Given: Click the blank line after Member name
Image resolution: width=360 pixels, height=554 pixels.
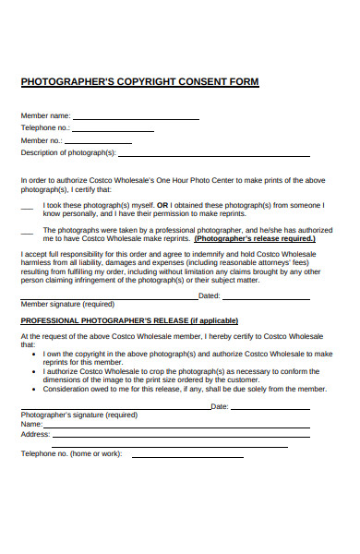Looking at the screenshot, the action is coord(136,119).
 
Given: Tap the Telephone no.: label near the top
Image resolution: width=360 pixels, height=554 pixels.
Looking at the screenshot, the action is coord(45,127).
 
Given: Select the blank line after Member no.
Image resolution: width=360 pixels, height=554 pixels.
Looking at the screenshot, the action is coord(98,143).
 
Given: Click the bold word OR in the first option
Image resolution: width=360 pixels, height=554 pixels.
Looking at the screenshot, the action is coord(162,205).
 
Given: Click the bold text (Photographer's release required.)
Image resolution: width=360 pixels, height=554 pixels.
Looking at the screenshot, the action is coord(255,238).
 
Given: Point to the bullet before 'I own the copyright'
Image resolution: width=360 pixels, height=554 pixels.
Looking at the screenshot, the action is coord(34,354).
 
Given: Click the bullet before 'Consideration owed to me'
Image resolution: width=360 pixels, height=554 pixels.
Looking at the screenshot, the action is coord(34,389).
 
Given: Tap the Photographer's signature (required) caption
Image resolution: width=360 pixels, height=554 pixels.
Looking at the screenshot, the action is coord(78,415).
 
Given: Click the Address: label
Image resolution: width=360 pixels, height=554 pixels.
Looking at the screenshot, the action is coord(35,434).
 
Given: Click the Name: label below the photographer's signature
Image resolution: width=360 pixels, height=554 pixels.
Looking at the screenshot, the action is coord(31,425).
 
